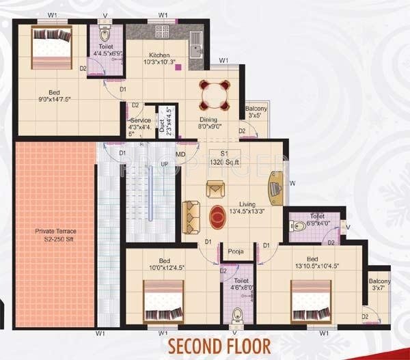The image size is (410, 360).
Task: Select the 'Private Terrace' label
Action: click(x=55, y=236)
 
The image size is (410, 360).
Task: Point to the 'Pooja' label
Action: click(x=236, y=251)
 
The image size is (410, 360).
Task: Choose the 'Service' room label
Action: click(x=141, y=125)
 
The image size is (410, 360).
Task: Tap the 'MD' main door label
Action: click(x=180, y=154)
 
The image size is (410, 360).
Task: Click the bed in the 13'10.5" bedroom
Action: click(x=312, y=301)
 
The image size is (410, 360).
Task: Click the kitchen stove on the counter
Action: click(x=164, y=32)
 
